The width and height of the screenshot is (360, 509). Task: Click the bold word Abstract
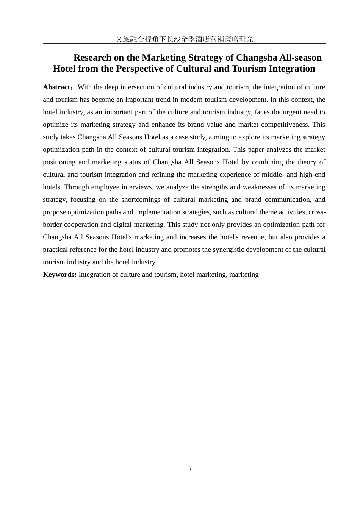click(x=56, y=87)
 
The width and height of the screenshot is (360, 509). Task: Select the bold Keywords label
click(x=59, y=275)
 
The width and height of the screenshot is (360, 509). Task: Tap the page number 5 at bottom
click(x=190, y=468)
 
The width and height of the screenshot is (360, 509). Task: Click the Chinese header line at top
click(x=184, y=39)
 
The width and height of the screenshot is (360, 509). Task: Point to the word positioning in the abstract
click(x=59, y=162)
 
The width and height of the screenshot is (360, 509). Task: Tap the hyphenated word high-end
click(x=312, y=175)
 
